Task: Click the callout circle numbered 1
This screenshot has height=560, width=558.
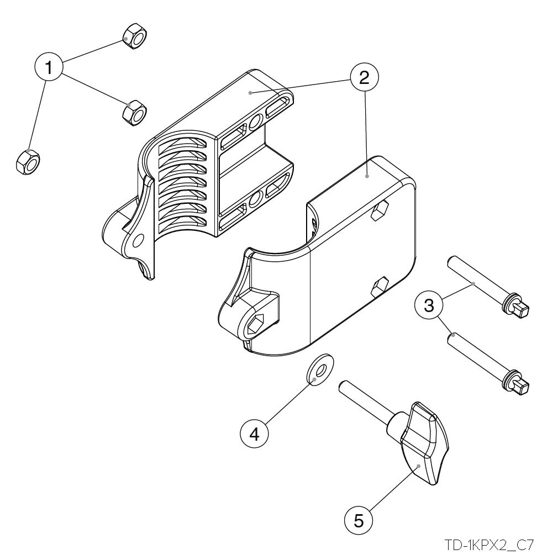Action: point(49,67)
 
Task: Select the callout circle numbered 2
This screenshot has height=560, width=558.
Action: point(364,77)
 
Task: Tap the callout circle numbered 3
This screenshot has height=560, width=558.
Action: point(429,305)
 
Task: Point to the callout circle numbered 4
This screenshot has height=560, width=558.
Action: point(254,434)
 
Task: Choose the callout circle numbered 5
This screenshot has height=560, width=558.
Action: point(359,521)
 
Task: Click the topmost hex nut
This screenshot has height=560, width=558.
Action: point(135,36)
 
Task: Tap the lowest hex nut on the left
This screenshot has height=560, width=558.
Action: point(28,162)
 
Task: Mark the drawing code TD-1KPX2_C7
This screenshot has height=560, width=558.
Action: point(489,545)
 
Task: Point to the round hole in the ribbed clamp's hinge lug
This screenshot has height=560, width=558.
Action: point(138,241)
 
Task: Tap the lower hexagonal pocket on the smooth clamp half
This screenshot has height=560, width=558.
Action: point(380,287)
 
